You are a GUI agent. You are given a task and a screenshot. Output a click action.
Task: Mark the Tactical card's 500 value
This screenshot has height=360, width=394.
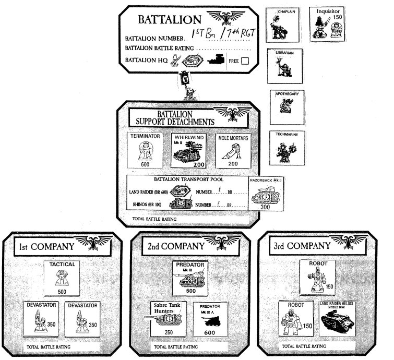(62, 291)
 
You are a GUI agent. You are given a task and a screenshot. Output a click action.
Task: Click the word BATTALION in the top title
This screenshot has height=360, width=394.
(168, 20)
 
